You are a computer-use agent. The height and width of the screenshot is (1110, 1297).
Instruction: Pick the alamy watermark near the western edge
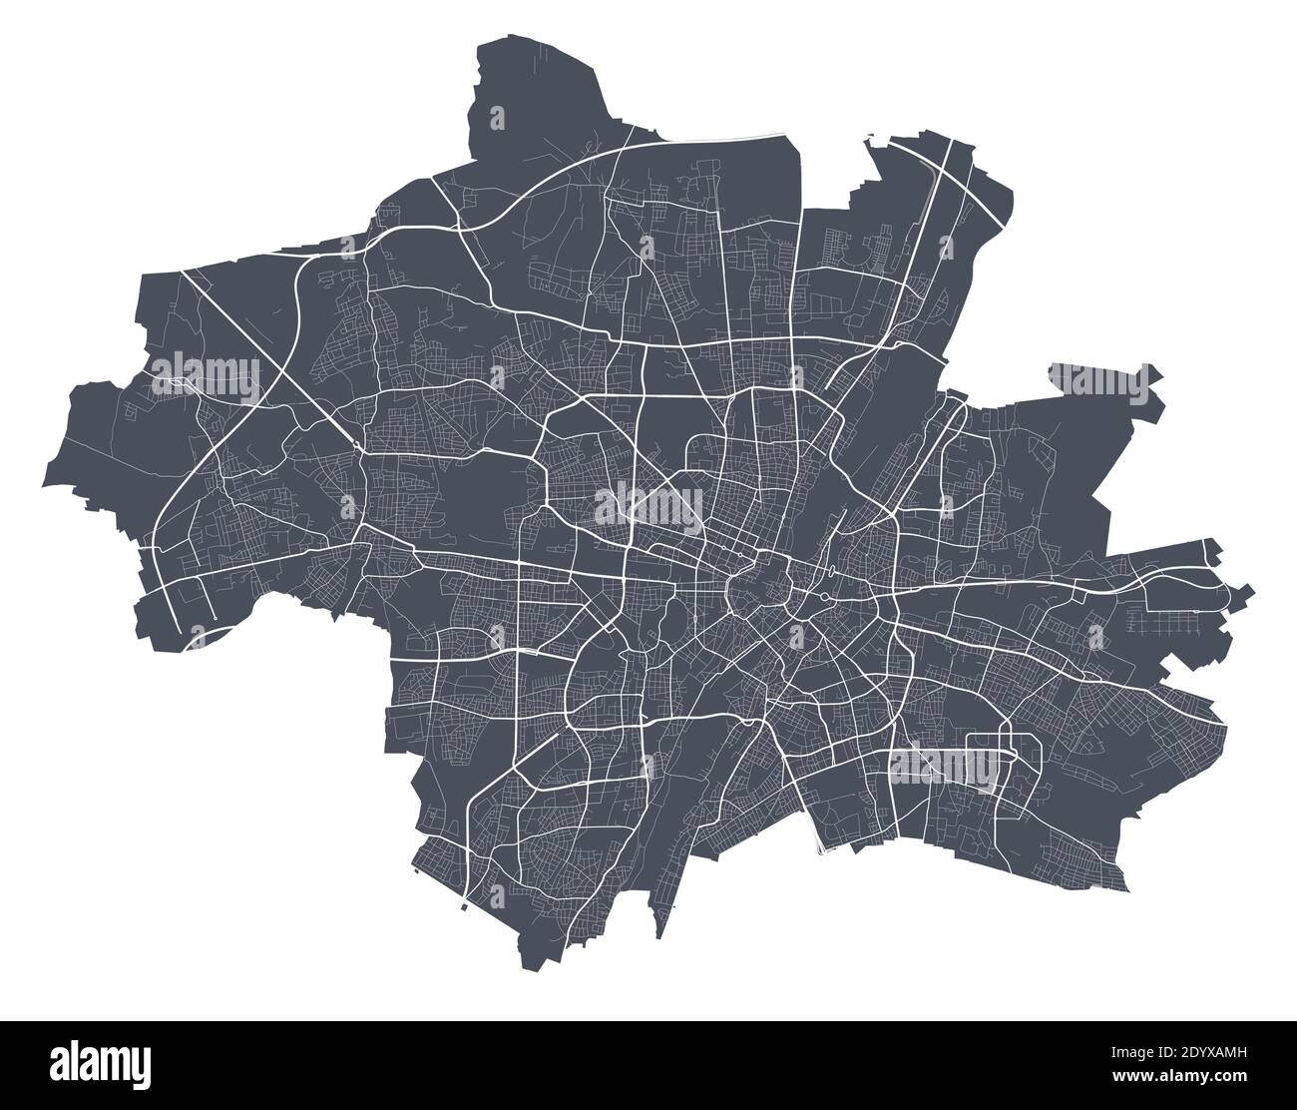pyautogui.click(x=205, y=376)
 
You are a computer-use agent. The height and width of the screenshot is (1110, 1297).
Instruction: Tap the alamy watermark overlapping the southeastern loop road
pyautogui.click(x=943, y=764)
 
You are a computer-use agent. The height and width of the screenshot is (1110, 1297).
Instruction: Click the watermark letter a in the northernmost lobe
pyautogui.click(x=499, y=119)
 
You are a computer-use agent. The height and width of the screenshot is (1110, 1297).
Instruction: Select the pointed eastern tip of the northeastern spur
pyautogui.click(x=1162, y=376)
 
